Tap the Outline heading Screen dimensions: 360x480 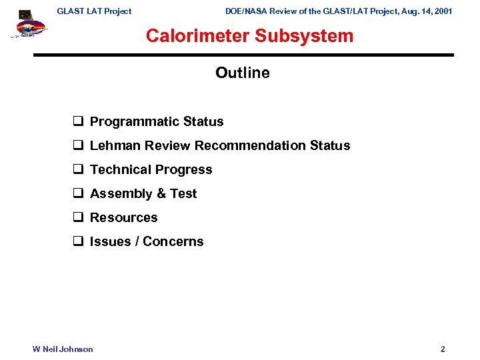coord(243,73)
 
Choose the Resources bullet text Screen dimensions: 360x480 coord(124,217)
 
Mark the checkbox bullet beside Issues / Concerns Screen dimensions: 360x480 coord(77,241)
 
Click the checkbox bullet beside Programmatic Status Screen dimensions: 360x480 coord(77,121)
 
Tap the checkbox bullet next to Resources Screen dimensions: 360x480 coord(77,217)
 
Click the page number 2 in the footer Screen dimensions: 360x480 coord(443,349)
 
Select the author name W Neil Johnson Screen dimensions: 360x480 coord(63,349)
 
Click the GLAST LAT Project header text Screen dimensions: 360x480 coord(94,11)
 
